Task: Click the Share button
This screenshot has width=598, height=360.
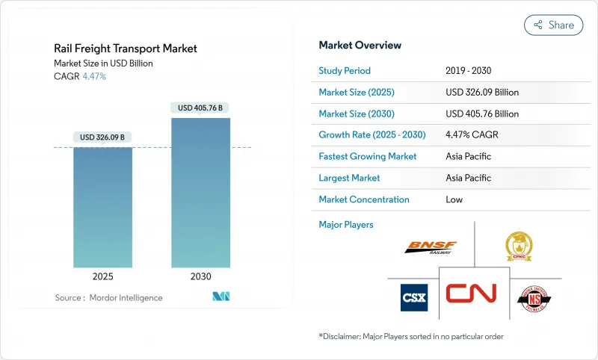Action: coord(554,25)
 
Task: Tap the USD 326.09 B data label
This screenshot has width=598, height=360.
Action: coord(102,137)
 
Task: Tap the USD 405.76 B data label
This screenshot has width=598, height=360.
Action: coord(200,108)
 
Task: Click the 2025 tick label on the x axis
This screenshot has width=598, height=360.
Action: coord(102,276)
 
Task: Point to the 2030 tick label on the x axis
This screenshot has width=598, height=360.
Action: coord(200,276)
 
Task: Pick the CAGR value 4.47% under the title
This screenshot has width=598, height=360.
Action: coord(93,76)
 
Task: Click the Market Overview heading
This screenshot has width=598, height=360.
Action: coord(360,45)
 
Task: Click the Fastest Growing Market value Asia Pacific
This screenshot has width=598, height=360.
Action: coord(469,157)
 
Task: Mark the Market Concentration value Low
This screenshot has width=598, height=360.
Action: coord(454,199)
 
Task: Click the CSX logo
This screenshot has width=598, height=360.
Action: coord(414,297)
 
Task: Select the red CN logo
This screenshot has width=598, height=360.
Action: coord(471,293)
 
